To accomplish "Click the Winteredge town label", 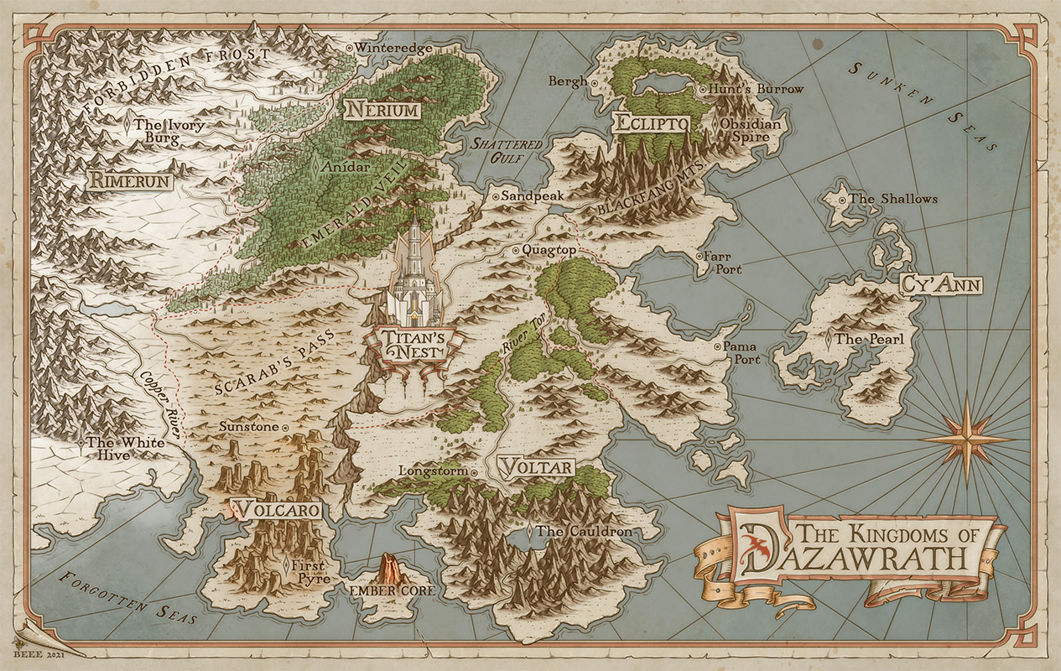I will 394,49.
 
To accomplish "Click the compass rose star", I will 966,439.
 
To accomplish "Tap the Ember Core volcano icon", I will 390,570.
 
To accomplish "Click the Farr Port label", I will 722,263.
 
